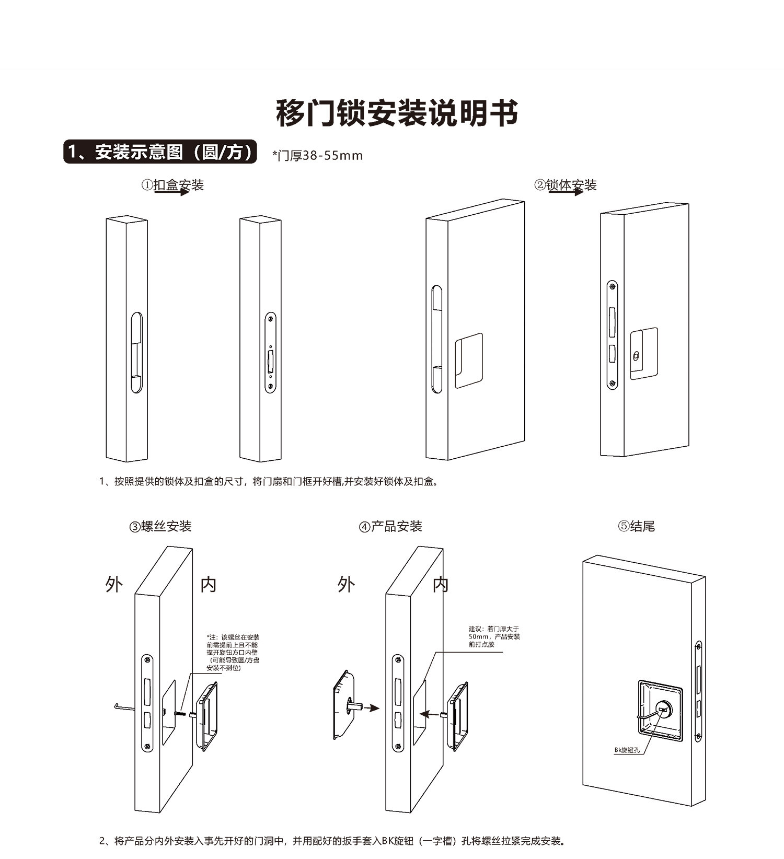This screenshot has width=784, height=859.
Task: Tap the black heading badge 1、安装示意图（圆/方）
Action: pyautogui.click(x=160, y=152)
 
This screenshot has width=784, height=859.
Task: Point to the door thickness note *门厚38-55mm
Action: pyautogui.click(x=317, y=155)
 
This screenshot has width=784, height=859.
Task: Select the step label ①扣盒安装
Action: pyautogui.click(x=172, y=185)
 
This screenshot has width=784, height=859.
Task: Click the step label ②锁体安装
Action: pyautogui.click(x=566, y=185)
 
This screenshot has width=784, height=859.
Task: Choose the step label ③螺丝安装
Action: pyautogui.click(x=160, y=526)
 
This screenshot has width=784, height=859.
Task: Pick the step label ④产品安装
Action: pyautogui.click(x=390, y=526)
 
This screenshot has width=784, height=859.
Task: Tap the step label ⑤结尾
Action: pyautogui.click(x=636, y=526)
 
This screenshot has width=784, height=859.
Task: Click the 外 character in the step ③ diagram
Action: pyautogui.click(x=114, y=584)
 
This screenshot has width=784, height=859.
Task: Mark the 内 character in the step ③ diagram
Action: pyautogui.click(x=209, y=584)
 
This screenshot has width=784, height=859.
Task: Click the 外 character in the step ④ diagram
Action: pyautogui.click(x=346, y=584)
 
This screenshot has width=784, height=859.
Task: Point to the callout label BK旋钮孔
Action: pyautogui.click(x=627, y=750)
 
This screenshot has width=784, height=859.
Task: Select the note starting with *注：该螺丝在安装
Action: pyautogui.click(x=233, y=652)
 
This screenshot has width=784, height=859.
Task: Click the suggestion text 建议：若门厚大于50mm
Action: pyautogui.click(x=494, y=636)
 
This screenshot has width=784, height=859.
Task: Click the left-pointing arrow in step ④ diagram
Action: pyautogui.click(x=431, y=713)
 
